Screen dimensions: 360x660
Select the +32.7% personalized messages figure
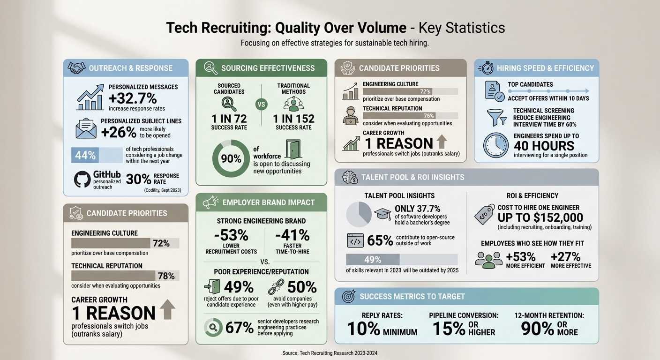133,99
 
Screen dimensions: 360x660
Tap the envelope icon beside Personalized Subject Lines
86,128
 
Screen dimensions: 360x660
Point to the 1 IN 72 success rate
229,119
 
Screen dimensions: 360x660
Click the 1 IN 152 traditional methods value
293,119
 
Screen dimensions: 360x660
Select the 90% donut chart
231,158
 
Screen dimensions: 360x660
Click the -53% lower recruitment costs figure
231,234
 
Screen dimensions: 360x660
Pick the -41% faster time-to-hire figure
292,234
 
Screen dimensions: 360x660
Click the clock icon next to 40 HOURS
495,145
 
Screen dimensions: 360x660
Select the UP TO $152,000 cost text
540,217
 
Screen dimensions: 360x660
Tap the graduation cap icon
382,214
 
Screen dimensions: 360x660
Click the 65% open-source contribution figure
380,240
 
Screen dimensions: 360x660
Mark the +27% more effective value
565,257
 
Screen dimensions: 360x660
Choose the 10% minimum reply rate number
363,329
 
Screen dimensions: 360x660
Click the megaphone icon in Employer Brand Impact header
210,202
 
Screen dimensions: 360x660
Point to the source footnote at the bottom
330,353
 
